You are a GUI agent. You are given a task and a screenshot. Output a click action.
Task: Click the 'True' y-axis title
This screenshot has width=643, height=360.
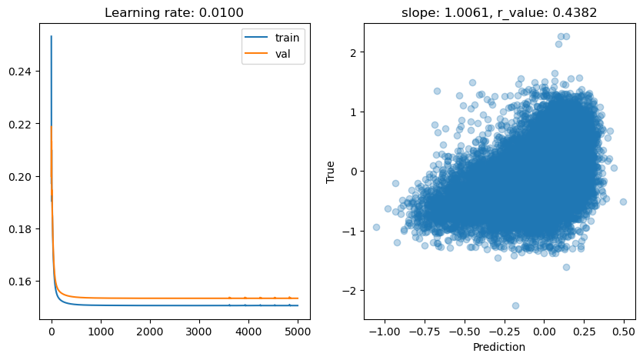pos(331,171)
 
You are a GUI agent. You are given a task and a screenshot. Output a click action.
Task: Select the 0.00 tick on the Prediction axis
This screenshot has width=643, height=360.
pos(544,332)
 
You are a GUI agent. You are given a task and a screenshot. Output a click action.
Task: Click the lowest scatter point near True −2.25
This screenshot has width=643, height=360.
pos(515,305)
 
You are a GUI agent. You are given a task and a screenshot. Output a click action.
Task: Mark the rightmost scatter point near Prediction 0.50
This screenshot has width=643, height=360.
pos(623,202)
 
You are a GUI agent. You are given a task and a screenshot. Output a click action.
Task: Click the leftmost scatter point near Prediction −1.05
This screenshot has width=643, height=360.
pos(376,227)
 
